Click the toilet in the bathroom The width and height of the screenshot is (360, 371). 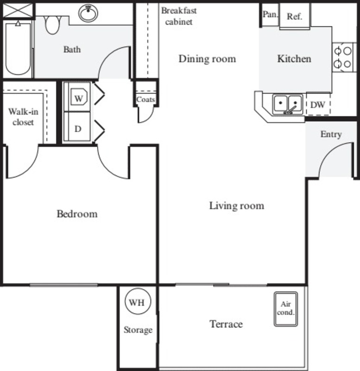point(52,25)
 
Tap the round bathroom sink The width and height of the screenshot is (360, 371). point(88,13)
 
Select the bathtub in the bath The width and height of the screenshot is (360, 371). point(18,49)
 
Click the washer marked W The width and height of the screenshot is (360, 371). point(77,97)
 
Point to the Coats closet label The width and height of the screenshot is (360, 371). point(145,100)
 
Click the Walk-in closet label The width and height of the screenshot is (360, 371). point(23,117)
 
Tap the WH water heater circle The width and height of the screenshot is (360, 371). point(138,301)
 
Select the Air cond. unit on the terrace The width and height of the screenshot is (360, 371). point(286,309)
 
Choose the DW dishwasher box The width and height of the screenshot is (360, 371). point(318,104)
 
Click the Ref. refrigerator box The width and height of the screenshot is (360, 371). point(295,16)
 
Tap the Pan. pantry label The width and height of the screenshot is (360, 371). point(270,14)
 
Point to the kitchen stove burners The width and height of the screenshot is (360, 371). point(343,57)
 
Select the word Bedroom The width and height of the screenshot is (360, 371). point(77,214)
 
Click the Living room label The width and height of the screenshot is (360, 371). point(237,205)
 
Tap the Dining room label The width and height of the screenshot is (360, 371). point(207,59)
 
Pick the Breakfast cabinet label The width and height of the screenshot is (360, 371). point(179,16)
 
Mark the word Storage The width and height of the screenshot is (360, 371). point(138,330)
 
